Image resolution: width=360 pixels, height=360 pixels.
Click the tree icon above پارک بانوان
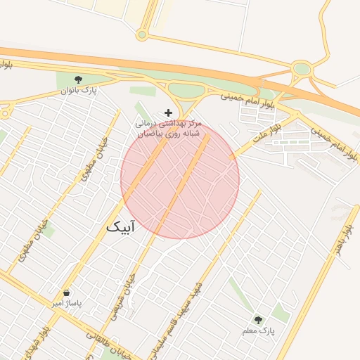78,79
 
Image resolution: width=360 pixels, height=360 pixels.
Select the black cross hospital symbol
167,112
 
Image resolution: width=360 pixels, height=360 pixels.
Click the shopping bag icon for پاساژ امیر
66,292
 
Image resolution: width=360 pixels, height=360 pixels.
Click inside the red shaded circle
180,179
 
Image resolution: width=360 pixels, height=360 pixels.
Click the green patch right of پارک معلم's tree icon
281,313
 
